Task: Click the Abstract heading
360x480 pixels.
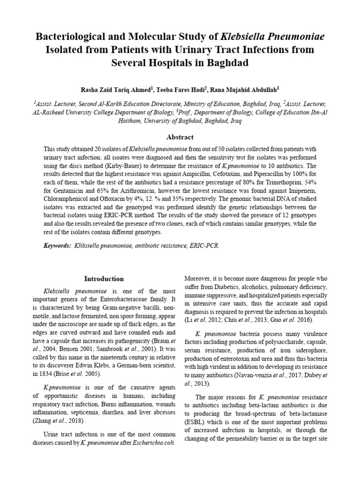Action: (180, 137)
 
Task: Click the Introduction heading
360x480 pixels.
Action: (104, 278)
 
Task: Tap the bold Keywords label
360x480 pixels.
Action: (57, 245)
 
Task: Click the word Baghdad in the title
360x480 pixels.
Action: (225, 62)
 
